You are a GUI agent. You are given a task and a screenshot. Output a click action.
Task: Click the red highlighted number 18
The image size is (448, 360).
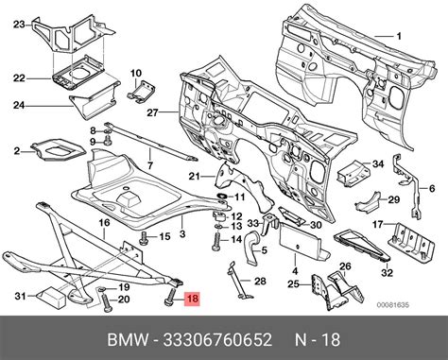coord(193,298)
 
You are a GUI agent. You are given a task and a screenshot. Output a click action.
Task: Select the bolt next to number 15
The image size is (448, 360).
coord(144,237)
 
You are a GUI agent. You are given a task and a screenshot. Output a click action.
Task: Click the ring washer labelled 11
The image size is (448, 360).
coord(222,197)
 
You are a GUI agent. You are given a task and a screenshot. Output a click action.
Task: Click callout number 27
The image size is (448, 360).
coord(152,112)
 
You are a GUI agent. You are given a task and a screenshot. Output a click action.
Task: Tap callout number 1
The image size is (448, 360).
coord(399,36)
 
